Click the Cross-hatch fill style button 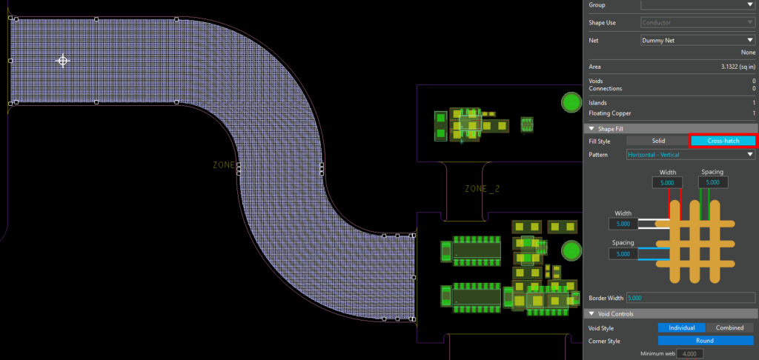[x=723, y=141]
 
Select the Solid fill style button [x=657, y=141]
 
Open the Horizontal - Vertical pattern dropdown [x=690, y=155]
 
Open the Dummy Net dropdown [x=697, y=40]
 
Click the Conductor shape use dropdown [x=697, y=22]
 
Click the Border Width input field [x=690, y=298]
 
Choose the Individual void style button [x=680, y=328]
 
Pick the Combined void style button [x=730, y=328]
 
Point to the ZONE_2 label [x=482, y=189]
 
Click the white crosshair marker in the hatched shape [x=63, y=61]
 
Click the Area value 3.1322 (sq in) [x=738, y=67]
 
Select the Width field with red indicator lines [x=668, y=182]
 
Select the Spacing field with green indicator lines [x=712, y=182]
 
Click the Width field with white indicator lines [x=623, y=223]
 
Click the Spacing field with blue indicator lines [x=623, y=253]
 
